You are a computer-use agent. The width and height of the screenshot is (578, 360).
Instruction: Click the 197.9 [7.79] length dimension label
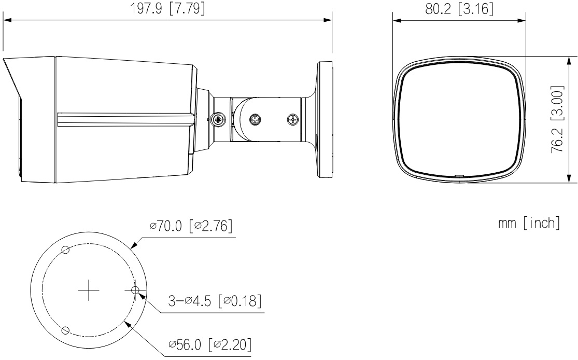(167, 8)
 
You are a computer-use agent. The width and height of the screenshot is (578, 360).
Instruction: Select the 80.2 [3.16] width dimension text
(459, 8)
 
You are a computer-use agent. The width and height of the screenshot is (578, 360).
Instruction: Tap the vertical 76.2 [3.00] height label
(557, 120)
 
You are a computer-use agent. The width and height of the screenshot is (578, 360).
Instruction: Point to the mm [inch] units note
(529, 223)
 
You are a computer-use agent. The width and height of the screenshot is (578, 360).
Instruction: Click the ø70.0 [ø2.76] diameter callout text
(191, 226)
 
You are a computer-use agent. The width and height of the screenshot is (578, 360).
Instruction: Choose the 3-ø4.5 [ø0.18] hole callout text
(215, 301)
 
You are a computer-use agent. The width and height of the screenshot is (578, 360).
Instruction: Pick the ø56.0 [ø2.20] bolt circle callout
(210, 345)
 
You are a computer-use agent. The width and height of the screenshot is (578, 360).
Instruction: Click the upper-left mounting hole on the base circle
(66, 250)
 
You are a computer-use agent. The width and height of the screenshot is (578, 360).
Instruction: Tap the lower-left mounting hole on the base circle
(66, 330)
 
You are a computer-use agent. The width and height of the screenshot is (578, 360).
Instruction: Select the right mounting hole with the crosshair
(135, 290)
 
